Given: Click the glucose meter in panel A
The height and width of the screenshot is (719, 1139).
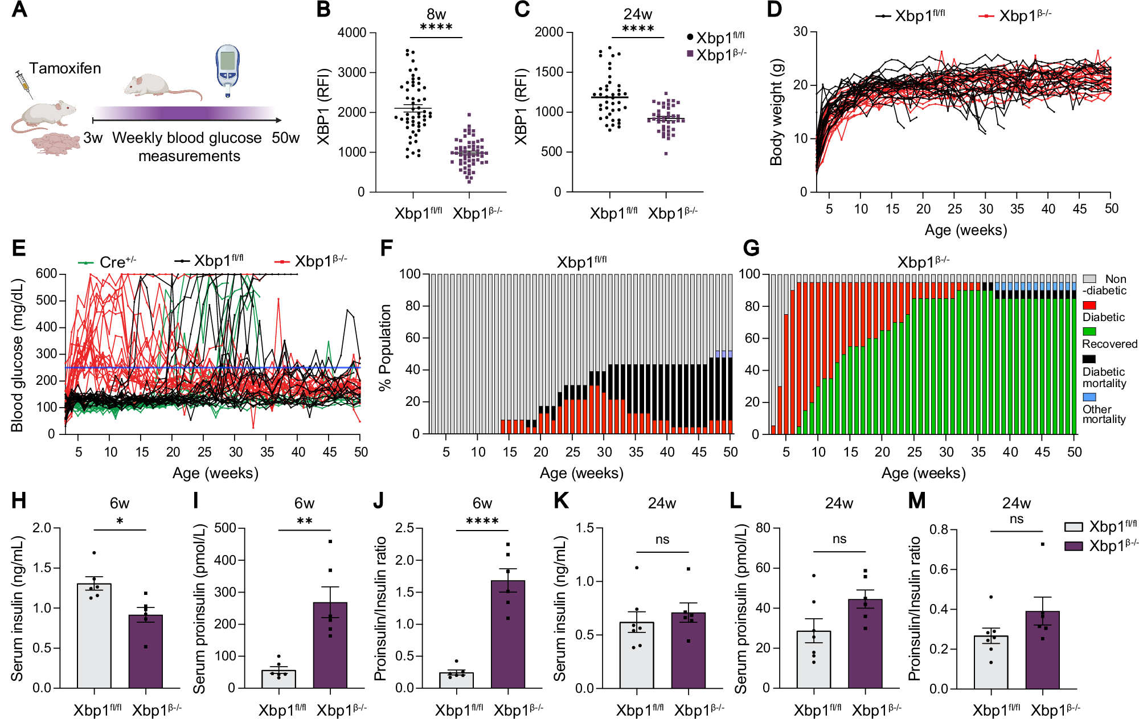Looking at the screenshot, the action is [228, 71].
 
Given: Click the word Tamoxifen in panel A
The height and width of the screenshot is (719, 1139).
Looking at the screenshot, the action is [65, 68].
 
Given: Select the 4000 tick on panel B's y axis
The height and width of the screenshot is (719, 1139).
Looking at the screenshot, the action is [352, 32].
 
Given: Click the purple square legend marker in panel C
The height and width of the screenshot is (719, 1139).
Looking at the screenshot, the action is [690, 54].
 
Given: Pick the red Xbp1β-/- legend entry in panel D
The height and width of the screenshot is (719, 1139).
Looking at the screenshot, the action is [1014, 15].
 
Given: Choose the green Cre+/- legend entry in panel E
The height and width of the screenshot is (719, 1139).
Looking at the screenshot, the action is [107, 262].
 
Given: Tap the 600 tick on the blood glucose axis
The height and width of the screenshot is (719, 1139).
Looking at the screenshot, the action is [46, 274].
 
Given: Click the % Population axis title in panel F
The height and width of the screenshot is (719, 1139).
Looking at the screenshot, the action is [385, 348].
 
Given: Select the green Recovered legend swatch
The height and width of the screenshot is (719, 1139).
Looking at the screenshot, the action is [1089, 331].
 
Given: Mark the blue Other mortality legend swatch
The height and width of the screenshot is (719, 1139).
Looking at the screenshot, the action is [1089, 397].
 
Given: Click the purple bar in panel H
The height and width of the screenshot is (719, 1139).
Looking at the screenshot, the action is [146, 651].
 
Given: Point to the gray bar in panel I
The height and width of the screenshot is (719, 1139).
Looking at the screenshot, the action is [278, 679].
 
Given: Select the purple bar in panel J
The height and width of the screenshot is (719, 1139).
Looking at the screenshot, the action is [508, 634].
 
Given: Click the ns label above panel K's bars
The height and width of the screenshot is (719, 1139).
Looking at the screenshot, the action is [662, 539].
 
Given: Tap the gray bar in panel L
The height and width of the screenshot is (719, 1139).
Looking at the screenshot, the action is [814, 660].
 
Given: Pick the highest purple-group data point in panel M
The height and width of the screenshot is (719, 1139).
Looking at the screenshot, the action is [1043, 544].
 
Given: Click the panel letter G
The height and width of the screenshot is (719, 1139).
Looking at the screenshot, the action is [751, 248].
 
